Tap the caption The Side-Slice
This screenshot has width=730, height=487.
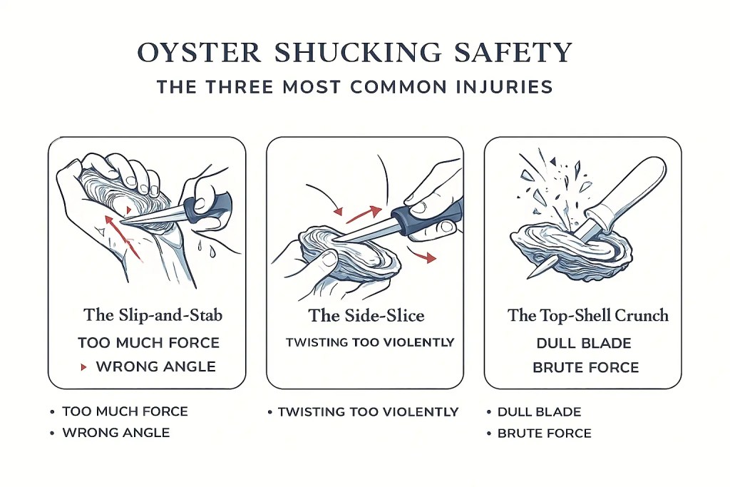click(366, 314)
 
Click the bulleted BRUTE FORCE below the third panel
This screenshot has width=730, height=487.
click(545, 433)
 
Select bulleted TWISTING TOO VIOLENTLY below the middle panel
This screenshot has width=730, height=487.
click(368, 411)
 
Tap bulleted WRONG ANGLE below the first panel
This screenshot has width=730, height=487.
click(116, 433)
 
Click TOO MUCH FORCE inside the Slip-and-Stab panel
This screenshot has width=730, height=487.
click(149, 343)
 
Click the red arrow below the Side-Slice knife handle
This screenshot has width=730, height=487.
click(423, 257)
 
